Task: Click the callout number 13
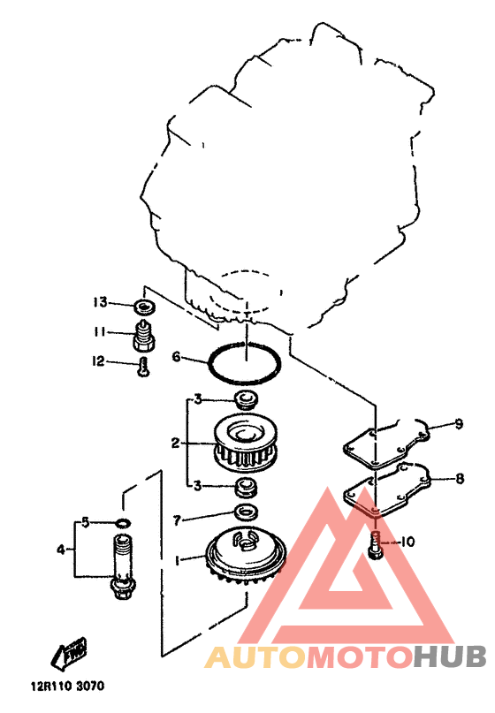[100, 302]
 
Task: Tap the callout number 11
[99, 332]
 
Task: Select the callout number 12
[98, 361]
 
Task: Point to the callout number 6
[176, 357]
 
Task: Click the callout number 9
[459, 424]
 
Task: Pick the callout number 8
[460, 478]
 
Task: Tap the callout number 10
[407, 542]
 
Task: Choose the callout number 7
[178, 520]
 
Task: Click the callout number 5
[86, 522]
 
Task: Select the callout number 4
[61, 550]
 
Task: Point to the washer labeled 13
[145, 308]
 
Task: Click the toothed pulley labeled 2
[246, 443]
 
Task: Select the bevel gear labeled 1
[246, 556]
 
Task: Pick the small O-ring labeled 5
[122, 522]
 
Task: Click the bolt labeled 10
[376, 545]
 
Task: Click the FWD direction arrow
[70, 654]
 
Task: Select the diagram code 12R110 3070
[67, 686]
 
